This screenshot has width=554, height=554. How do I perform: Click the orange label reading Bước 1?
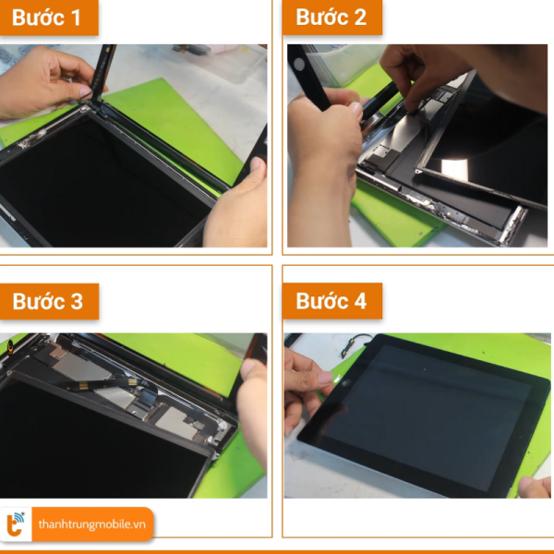tap(49, 17)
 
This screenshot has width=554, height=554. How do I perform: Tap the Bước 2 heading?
tap(331, 17)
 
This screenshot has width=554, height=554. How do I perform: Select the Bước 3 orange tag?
tap(49, 301)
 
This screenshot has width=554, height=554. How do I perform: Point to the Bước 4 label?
tap(332, 301)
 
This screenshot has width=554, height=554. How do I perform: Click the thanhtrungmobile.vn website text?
tap(91, 524)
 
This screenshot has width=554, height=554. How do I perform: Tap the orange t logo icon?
tap(15, 524)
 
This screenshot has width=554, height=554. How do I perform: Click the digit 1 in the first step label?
tap(76, 18)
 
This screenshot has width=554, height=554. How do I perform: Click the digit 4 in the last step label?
tap(360, 301)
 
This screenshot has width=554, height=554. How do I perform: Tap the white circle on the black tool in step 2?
tap(299, 65)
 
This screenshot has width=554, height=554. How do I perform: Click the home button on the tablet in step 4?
tap(344, 383)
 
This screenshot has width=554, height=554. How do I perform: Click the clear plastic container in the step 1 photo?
tap(219, 61)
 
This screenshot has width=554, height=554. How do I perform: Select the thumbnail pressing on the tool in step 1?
tap(85, 92)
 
